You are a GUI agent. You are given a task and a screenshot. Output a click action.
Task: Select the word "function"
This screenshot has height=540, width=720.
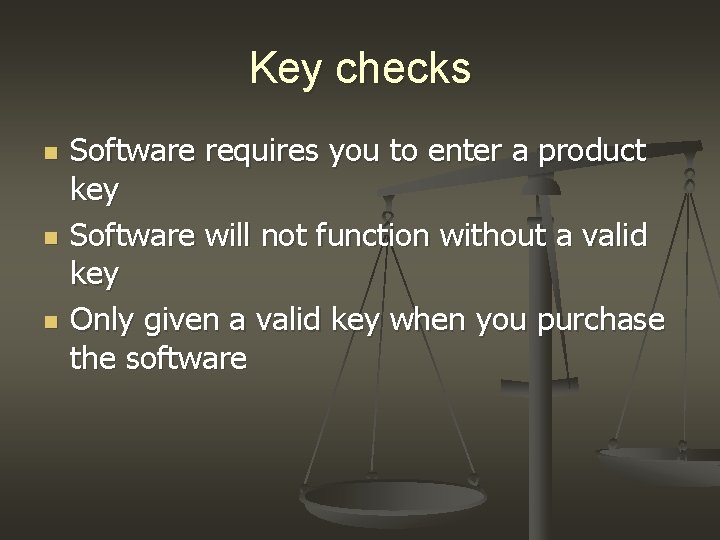375,237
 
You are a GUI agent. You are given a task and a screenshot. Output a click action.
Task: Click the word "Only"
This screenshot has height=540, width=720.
103,321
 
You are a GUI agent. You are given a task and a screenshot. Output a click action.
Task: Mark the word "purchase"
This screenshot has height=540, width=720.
601,321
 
